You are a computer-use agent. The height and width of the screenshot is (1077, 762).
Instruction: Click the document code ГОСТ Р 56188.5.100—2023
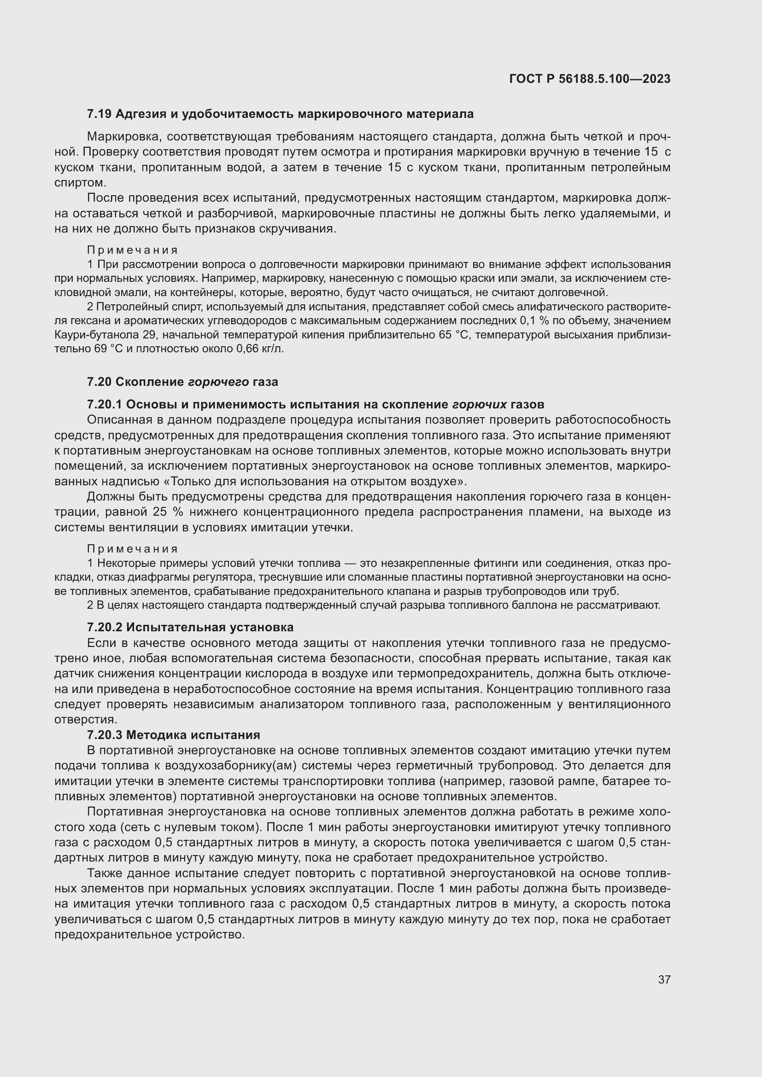tap(590, 79)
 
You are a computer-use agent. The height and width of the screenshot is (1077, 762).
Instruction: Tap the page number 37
tap(664, 979)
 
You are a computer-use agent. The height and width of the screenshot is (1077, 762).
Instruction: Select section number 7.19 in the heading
tap(99, 114)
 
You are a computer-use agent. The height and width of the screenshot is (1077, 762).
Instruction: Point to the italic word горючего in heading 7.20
tap(218, 382)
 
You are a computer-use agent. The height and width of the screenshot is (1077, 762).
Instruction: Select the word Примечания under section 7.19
tap(132, 250)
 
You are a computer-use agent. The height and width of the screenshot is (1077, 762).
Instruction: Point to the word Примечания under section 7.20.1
tap(132, 549)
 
